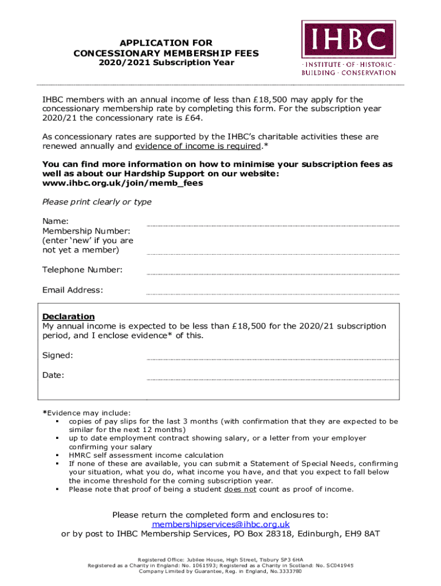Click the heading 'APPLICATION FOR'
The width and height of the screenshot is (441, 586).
click(166, 43)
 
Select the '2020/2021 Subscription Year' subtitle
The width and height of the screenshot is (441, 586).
click(166, 62)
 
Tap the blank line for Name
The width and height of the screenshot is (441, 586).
click(273, 225)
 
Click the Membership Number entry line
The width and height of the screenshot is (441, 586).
click(273, 254)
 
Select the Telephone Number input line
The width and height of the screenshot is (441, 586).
click(273, 274)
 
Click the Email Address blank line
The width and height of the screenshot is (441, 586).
click(273, 294)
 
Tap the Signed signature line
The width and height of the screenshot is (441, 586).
click(273, 359)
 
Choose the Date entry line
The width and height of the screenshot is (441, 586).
click(273, 379)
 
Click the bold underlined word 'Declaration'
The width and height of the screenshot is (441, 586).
click(69, 316)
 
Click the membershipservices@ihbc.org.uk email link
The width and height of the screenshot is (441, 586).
click(220, 524)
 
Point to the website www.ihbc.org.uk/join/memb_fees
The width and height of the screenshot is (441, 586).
click(123, 184)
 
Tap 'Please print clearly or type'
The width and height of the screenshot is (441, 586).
click(97, 202)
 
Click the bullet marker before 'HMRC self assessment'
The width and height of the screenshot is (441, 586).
click(58, 456)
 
